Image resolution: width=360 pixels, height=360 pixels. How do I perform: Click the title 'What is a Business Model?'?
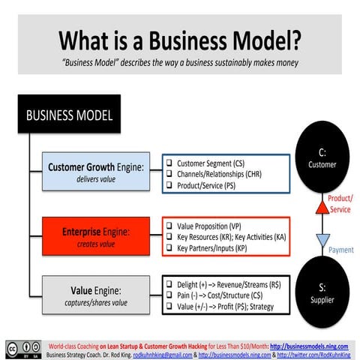(x=180, y=38)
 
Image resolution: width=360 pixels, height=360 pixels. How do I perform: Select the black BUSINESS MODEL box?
(x=70, y=115)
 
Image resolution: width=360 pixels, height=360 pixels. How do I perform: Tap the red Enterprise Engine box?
(x=95, y=235)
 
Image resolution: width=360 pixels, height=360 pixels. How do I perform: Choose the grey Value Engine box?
(x=95, y=295)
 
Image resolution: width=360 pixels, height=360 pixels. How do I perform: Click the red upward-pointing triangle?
(x=322, y=201)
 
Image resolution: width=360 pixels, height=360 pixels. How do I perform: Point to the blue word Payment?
(x=340, y=250)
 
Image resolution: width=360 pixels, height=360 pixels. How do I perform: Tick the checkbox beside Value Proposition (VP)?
(x=170, y=225)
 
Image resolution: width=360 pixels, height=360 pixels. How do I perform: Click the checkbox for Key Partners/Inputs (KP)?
(x=170, y=247)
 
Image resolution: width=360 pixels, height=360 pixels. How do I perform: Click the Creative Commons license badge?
(x=24, y=349)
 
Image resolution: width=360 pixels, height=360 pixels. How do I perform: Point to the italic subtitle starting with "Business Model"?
(x=180, y=62)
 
